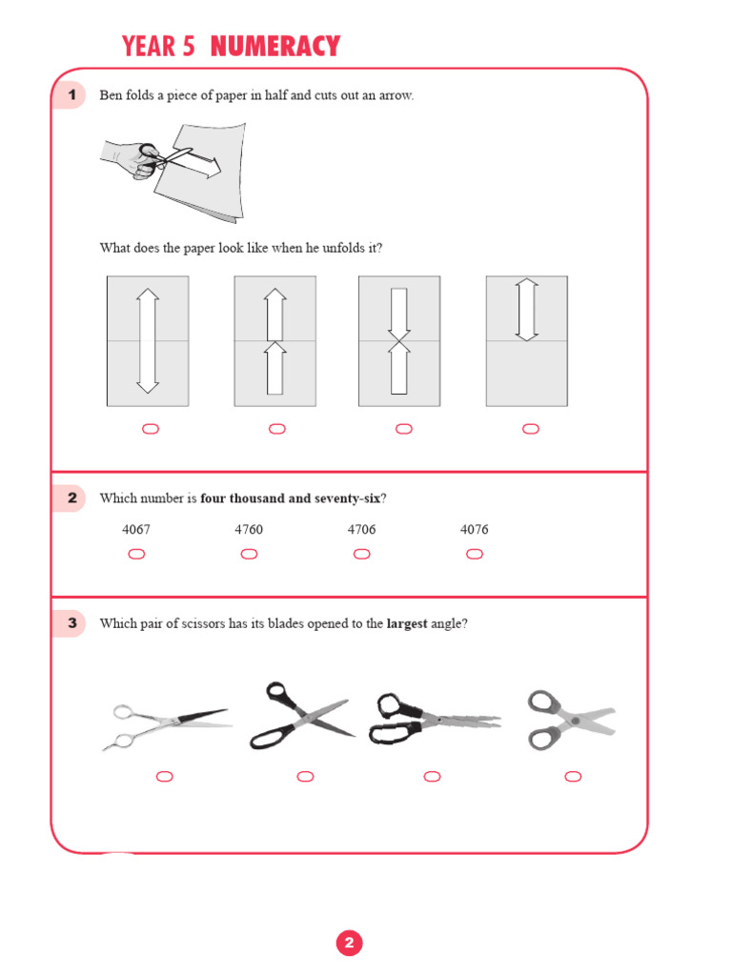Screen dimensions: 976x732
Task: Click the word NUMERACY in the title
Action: point(274,46)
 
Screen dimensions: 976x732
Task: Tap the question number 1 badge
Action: point(71,95)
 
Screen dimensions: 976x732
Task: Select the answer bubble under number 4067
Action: point(136,555)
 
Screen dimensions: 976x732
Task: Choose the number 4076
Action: point(474,530)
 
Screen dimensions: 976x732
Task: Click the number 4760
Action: point(249,530)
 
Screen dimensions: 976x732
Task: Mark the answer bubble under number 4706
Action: point(361,555)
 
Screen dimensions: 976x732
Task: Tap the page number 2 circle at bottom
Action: point(349,944)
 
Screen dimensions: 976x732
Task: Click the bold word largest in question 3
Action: point(406,624)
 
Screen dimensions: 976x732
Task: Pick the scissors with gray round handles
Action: point(571,720)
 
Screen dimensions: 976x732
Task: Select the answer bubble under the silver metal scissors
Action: point(164,777)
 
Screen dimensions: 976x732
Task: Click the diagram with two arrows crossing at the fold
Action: point(399,341)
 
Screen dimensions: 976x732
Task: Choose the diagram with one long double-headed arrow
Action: point(148,341)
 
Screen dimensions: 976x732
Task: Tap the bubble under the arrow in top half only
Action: point(531,429)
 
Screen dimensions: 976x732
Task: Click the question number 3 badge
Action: point(71,624)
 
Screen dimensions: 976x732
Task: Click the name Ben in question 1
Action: point(111,95)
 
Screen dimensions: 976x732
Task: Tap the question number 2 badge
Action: point(71,498)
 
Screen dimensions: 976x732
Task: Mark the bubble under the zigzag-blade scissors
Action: point(432,777)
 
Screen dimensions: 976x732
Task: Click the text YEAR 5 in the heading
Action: point(158,46)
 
